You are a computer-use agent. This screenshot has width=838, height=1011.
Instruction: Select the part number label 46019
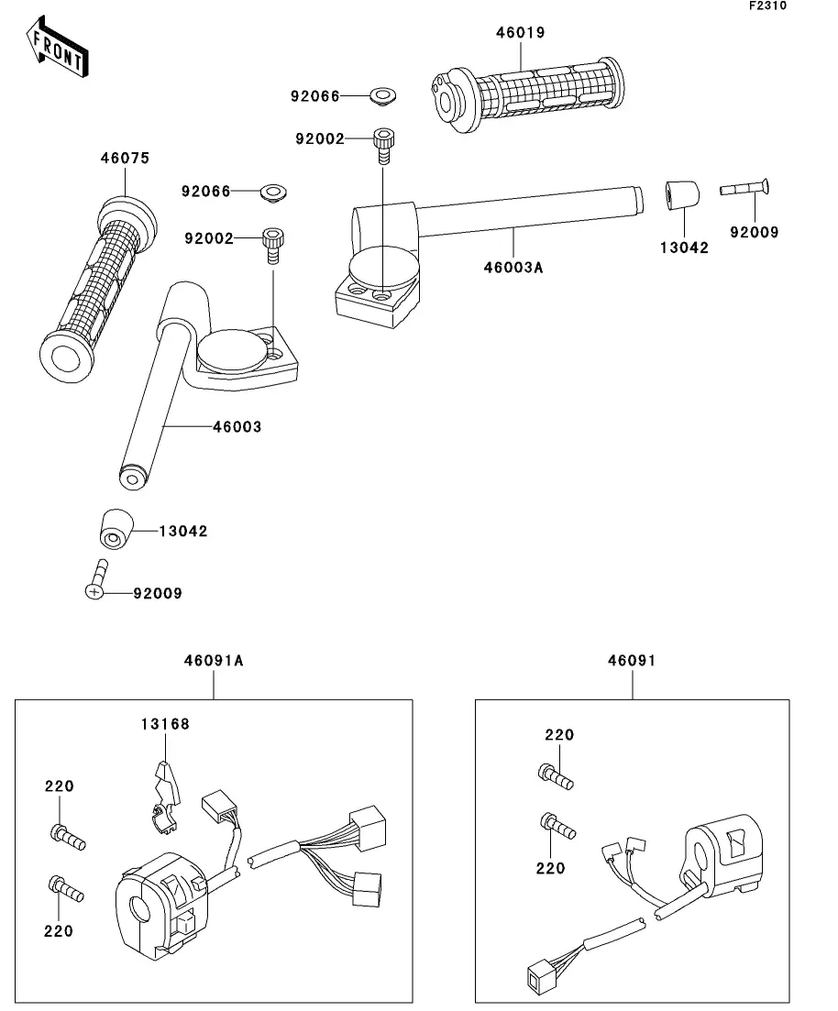(520, 33)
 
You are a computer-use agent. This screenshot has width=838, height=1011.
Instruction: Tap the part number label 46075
(125, 159)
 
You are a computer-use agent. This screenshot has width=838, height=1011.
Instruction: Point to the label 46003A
(513, 268)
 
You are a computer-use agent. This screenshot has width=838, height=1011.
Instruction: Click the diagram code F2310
(768, 5)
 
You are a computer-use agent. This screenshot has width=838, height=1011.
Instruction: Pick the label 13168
(165, 724)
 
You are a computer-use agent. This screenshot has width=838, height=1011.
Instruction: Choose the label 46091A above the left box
(214, 661)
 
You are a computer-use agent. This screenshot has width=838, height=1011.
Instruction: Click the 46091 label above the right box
(632, 661)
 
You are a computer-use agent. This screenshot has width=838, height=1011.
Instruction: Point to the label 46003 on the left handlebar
(237, 427)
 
